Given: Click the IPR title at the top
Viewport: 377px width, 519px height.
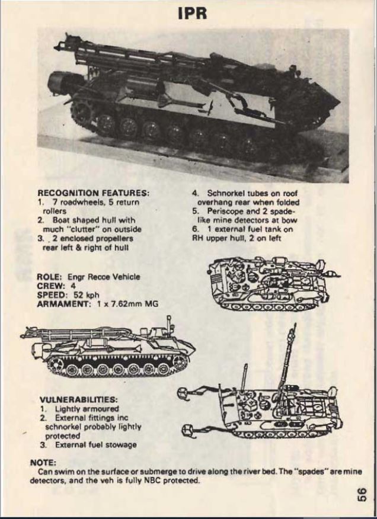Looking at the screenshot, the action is [x=192, y=13].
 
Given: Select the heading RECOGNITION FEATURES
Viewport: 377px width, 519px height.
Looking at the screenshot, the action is [x=94, y=193].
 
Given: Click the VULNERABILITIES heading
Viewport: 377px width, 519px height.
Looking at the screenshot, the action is [x=78, y=399].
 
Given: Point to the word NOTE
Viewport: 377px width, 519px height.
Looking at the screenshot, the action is [x=43, y=462].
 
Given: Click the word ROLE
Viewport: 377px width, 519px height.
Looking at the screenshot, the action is [x=50, y=277].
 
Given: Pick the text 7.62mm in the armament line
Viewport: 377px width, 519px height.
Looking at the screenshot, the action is [x=126, y=304].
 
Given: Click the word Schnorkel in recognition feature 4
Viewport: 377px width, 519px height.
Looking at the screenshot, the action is [x=226, y=193].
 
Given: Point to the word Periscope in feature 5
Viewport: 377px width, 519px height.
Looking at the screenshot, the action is [x=225, y=211].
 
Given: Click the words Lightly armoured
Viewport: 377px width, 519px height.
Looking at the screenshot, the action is [x=87, y=409].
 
